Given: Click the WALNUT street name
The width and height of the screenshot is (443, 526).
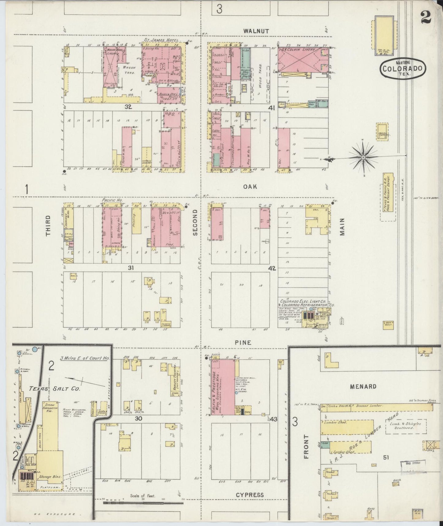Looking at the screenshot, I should tap(256, 31).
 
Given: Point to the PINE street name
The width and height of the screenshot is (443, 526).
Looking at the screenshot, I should tap(243, 342).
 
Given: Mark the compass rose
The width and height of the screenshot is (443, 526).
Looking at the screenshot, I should tap(363, 157).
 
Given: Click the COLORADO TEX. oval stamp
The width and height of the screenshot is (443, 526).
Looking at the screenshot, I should tap(403, 68).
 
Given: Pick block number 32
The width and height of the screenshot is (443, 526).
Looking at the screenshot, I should tap(128, 107).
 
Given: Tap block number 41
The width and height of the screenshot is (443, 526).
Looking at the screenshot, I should tap(272, 108).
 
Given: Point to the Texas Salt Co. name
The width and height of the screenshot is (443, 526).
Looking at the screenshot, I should tap(55, 388).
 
